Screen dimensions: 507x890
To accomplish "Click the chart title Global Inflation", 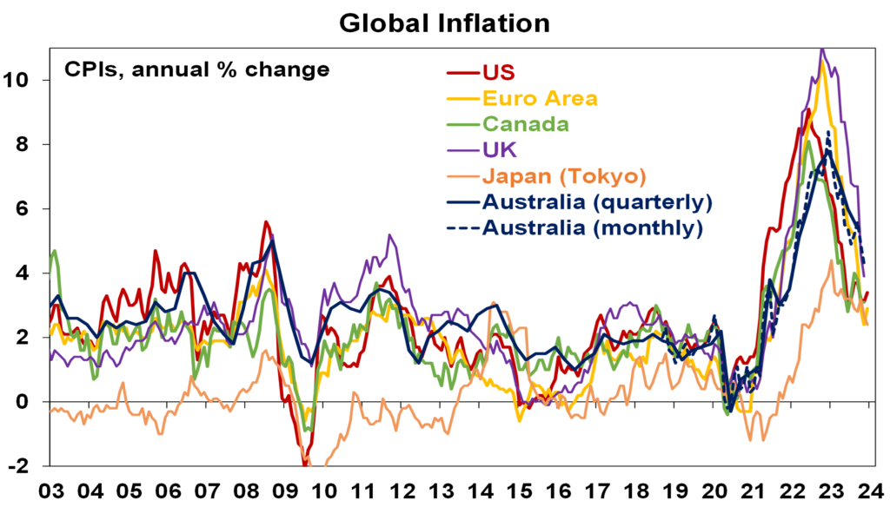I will pos(444,23).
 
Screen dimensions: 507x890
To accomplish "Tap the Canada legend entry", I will pos(525,123).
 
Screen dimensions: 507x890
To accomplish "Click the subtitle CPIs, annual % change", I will pos(197,69).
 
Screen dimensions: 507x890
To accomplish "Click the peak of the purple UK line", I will pos(821,49).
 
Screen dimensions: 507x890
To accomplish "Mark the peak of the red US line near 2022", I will pos(808,109).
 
